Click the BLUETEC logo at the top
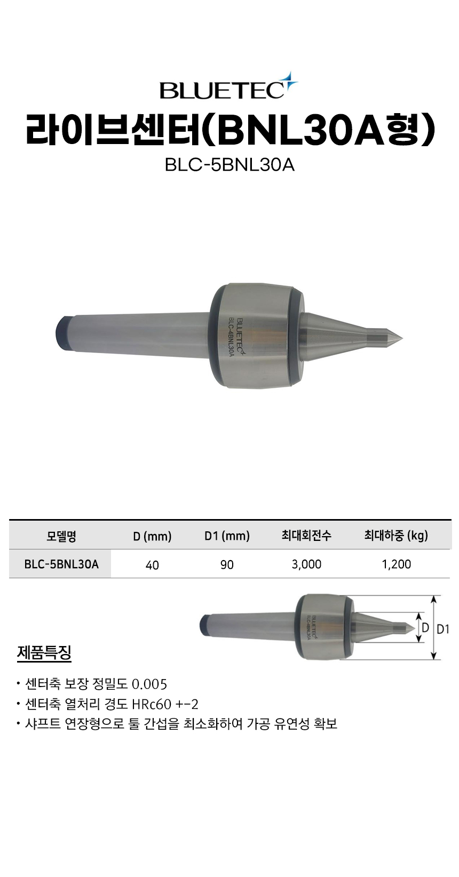click(x=229, y=86)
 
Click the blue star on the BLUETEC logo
click(x=289, y=80)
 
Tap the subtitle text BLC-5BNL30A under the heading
click(x=230, y=165)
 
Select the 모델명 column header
click(x=61, y=536)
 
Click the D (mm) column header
click(x=152, y=536)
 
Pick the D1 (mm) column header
click(x=227, y=536)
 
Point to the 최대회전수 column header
click(x=306, y=535)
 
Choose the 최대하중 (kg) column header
click(x=396, y=535)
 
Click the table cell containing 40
click(x=152, y=564)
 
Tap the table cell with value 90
click(x=227, y=564)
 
